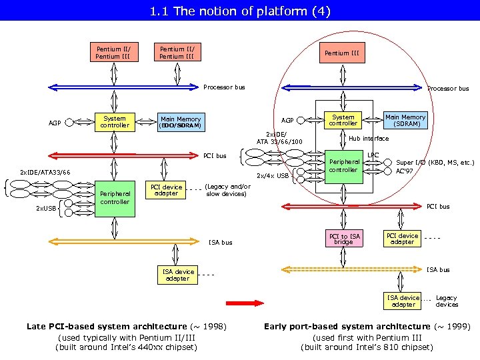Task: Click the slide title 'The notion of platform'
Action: (239, 11)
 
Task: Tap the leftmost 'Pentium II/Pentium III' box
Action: (113, 53)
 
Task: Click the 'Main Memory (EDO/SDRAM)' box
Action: (180, 123)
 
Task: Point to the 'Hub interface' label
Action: (369, 139)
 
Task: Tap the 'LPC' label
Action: (373, 155)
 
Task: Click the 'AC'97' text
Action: (405, 171)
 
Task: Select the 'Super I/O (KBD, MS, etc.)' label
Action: (435, 162)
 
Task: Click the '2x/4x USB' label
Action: (273, 177)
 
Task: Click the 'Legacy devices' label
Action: (446, 301)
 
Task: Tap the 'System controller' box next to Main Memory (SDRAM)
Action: (343, 120)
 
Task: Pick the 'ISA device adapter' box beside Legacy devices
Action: (403, 301)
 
